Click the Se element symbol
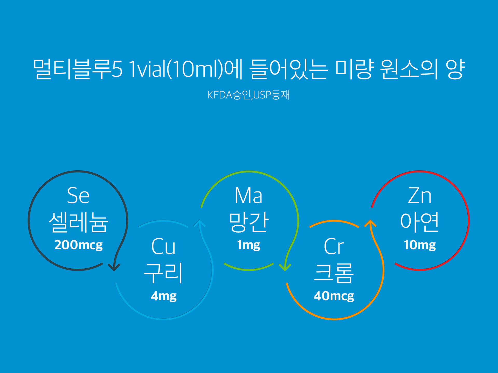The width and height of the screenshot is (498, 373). [78, 196]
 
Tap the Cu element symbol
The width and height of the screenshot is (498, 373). [163, 246]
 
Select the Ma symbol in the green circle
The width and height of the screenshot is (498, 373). [248, 196]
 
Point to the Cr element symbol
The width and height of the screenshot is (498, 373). [334, 246]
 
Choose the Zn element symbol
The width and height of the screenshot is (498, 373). [420, 196]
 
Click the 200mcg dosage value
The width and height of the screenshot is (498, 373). [79, 245]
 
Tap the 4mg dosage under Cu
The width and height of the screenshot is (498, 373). [164, 296]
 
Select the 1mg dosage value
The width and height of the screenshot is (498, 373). [249, 245]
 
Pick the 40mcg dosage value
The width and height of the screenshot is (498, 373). [334, 296]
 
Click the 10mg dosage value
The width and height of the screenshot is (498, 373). [420, 245]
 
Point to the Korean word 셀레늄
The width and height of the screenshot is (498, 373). [78, 222]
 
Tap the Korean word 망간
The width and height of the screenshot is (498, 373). [248, 222]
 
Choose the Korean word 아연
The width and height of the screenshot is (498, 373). [419, 222]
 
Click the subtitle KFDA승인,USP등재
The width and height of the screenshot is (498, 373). [248, 95]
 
